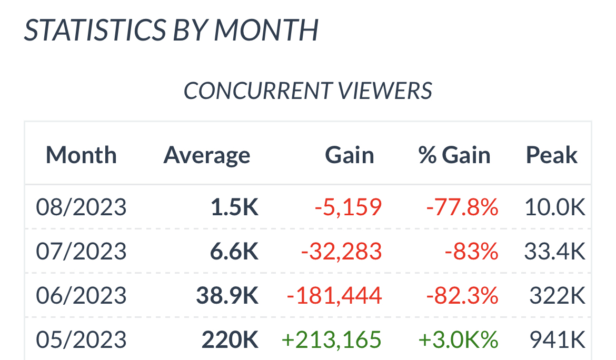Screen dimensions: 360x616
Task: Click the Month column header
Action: (81, 155)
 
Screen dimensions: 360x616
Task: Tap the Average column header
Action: (207, 155)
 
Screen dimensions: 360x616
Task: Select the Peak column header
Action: (552, 155)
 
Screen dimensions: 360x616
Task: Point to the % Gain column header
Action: (454, 155)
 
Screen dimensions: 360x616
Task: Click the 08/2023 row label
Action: (81, 207)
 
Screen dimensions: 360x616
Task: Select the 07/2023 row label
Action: (81, 252)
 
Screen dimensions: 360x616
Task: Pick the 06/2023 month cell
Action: (81, 296)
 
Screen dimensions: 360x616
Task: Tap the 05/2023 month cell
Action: (81, 340)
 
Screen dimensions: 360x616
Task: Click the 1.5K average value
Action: (234, 207)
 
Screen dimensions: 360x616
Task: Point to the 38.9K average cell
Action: (227, 296)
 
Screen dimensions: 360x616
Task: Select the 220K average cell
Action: (230, 340)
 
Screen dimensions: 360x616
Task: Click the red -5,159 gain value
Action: (348, 207)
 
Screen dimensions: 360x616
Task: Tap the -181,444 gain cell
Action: (334, 296)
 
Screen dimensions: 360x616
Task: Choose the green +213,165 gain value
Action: (332, 340)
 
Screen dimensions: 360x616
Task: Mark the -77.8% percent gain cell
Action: (462, 207)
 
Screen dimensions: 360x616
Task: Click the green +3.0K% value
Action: (458, 340)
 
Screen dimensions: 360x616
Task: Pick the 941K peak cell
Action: (558, 340)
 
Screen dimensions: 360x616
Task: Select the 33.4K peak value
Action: (555, 252)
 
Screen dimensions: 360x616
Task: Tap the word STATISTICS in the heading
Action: (93, 30)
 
